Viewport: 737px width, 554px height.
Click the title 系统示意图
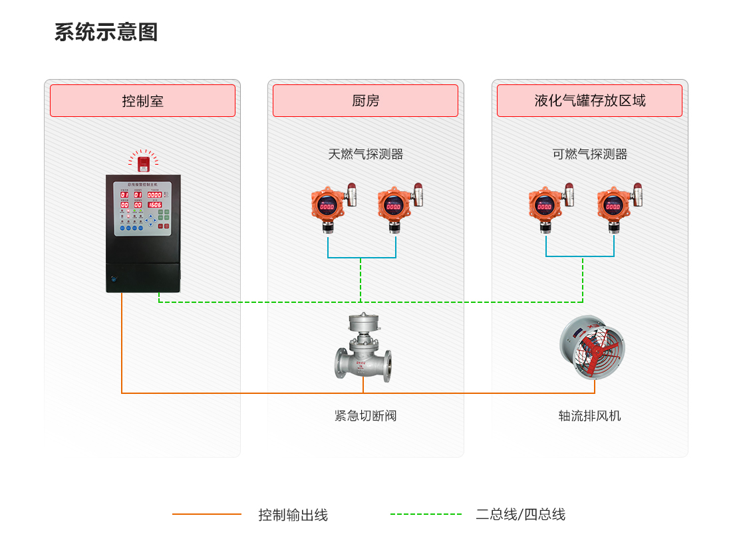(x=106, y=33)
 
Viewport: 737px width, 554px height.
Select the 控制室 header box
(x=142, y=101)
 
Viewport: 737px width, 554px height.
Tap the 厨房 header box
(x=365, y=101)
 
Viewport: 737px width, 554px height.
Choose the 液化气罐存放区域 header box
(x=589, y=101)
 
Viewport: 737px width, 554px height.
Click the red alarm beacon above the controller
(x=143, y=161)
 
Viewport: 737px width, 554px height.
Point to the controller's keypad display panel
(x=143, y=209)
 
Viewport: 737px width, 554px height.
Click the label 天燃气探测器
(x=365, y=154)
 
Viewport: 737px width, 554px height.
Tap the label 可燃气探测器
(x=589, y=154)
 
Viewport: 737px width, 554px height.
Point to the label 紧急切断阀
(x=365, y=416)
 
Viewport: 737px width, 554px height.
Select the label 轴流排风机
(x=589, y=416)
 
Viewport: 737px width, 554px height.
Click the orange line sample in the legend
(x=207, y=514)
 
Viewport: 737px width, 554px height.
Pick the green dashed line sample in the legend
(x=426, y=514)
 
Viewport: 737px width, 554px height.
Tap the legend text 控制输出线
(x=293, y=515)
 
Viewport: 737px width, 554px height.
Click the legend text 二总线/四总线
(x=520, y=515)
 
